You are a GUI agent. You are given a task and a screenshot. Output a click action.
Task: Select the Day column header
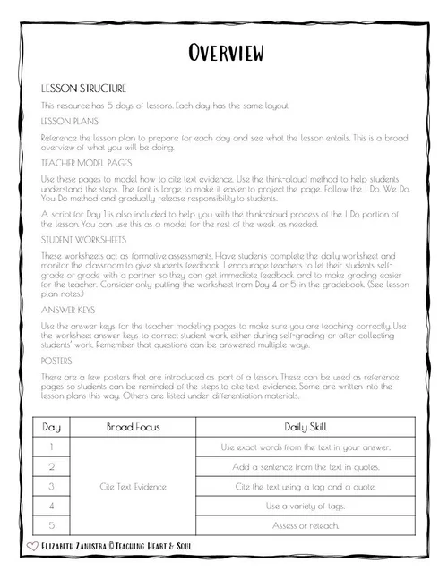[53, 427]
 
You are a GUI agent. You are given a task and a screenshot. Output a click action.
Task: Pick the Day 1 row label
[53, 447]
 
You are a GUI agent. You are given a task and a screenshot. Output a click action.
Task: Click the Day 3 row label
[53, 486]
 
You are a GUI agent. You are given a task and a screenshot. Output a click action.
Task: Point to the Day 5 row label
[53, 525]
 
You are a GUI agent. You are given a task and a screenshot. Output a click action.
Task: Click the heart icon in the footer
[34, 544]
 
